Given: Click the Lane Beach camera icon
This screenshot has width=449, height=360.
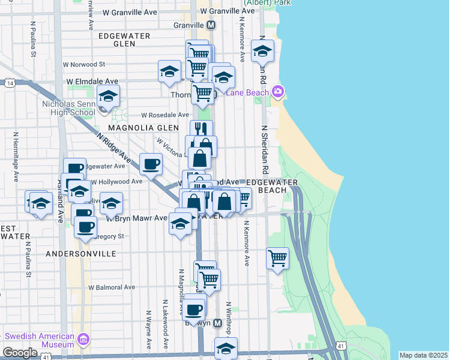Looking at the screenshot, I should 278,92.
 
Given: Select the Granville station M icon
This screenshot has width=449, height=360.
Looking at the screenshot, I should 211,25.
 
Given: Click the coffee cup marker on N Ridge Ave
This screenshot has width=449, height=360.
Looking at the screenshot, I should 151,163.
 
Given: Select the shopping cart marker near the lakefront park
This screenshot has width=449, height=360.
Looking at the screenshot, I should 277,259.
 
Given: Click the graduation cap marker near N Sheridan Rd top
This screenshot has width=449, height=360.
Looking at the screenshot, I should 262,52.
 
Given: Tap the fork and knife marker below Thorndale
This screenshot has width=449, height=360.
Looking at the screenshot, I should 202,129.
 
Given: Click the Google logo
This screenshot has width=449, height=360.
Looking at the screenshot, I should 20,353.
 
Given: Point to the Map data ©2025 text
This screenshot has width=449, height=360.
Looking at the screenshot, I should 423,355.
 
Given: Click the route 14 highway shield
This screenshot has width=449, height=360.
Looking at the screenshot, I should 10,83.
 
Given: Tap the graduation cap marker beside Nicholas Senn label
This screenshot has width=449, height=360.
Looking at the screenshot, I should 109,96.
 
